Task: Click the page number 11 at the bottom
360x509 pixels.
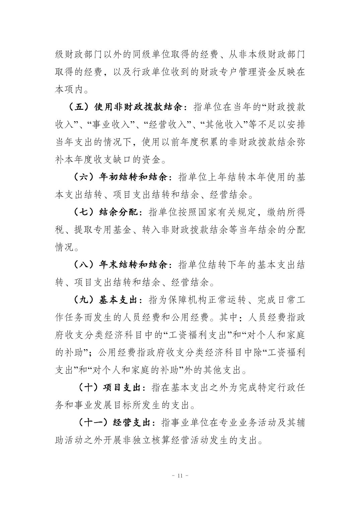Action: (x=180, y=476)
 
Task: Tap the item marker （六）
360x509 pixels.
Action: (x=83, y=177)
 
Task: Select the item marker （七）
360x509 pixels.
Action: (x=83, y=212)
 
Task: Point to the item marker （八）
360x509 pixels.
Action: (x=83, y=265)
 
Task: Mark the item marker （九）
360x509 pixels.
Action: (x=83, y=300)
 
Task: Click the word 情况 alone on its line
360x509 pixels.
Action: (x=64, y=247)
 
